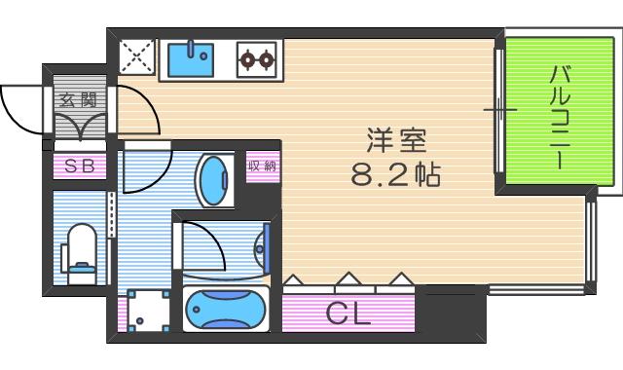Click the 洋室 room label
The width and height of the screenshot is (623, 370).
pos(397,139)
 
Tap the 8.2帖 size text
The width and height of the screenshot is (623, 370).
pos(396,175)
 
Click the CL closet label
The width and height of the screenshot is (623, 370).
pos(348,314)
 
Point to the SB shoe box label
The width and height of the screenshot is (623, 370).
pos(79,166)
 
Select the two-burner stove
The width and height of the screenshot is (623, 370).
pos(257,60)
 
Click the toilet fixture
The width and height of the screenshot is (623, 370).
pos(81,251)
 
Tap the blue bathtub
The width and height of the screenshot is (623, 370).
pos(226,310)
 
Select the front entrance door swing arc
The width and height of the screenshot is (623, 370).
pos(21,106)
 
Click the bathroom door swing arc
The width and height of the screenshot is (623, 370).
pos(202,243)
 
